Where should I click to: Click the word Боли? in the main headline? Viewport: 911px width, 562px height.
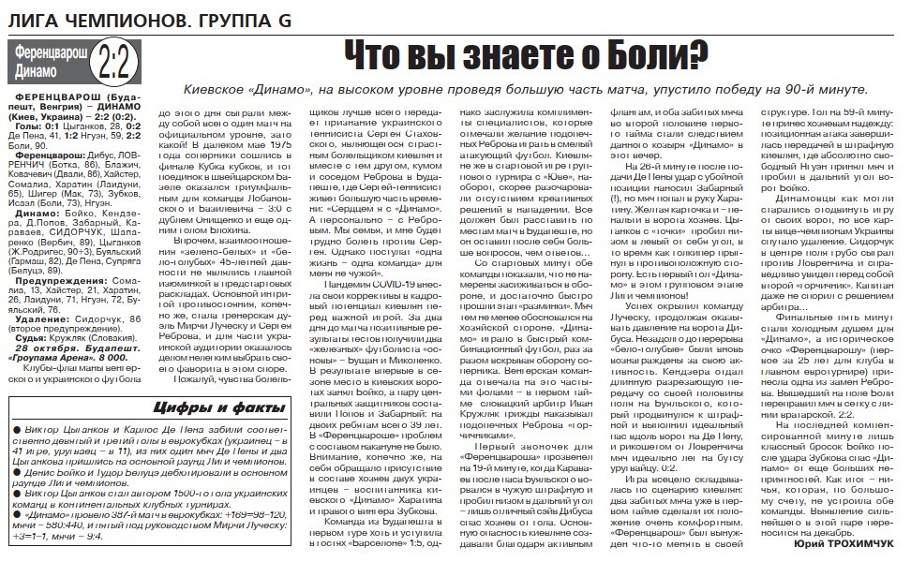646,59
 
